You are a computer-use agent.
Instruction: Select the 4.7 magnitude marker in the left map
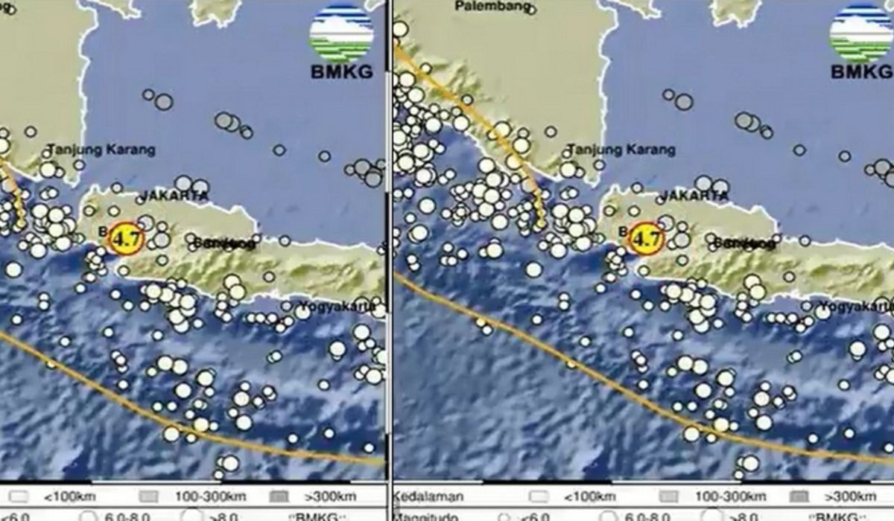tap(124, 239)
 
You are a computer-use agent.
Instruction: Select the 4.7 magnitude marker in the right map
tap(645, 239)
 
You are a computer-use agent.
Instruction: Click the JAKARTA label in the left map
tap(172, 196)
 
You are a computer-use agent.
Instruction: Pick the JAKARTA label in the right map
tap(694, 196)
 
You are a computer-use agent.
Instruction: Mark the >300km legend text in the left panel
tap(332, 496)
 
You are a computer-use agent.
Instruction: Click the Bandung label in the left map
tap(223, 243)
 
